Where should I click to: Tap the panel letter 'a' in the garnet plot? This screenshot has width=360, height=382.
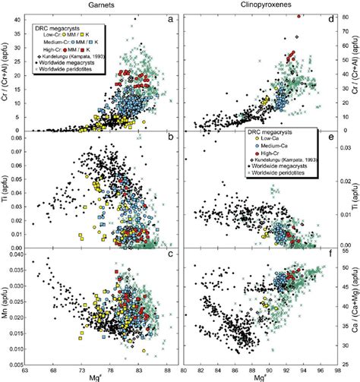coord(172,23)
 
